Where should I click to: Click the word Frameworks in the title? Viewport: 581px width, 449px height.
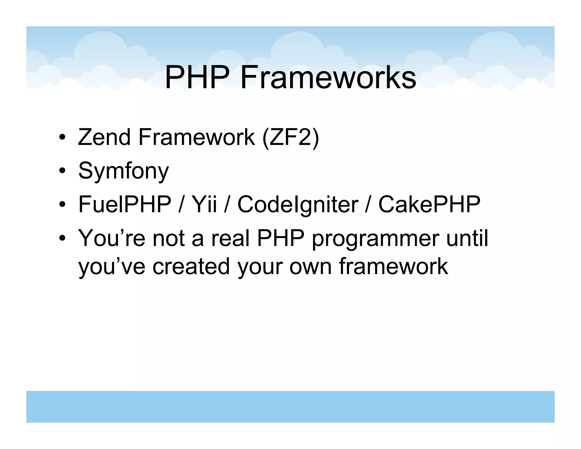pos(328,77)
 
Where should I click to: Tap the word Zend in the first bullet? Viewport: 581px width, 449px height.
pos(104,137)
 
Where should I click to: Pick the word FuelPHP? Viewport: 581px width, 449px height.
pos(125,204)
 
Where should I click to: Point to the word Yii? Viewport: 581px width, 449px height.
pos(204,204)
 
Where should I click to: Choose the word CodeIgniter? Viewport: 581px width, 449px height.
pos(298,204)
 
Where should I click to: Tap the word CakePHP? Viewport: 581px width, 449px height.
pos(430,204)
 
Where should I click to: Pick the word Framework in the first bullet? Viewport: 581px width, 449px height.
pos(197,137)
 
